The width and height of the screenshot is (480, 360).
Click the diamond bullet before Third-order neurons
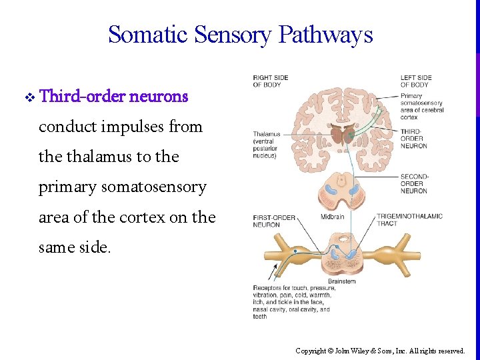29,97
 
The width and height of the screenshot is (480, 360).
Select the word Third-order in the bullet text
82,97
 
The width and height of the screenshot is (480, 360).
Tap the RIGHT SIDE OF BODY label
270,81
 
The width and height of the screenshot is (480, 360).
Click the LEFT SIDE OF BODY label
416,81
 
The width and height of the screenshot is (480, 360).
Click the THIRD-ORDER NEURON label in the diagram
414,138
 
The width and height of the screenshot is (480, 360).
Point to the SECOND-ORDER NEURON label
414,184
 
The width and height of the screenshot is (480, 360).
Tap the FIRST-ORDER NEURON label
274,221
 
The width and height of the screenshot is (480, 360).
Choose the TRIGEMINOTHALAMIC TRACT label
409,220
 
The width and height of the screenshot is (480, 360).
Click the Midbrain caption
332,217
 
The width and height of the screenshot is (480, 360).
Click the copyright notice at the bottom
380,351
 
